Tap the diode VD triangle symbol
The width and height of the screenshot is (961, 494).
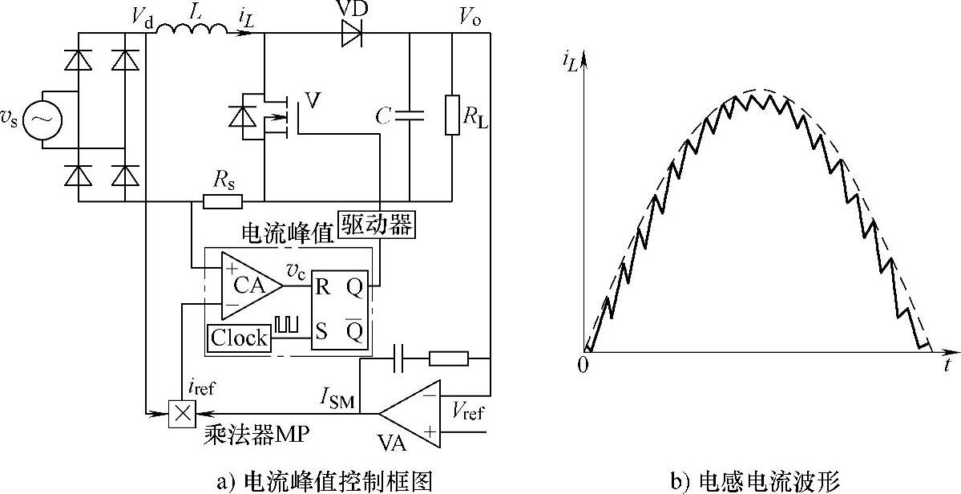(351, 33)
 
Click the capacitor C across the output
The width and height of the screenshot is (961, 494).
(409, 116)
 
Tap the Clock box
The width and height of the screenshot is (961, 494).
(239, 338)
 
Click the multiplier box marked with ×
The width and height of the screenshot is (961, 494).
(182, 414)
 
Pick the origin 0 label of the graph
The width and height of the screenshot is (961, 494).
(583, 366)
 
